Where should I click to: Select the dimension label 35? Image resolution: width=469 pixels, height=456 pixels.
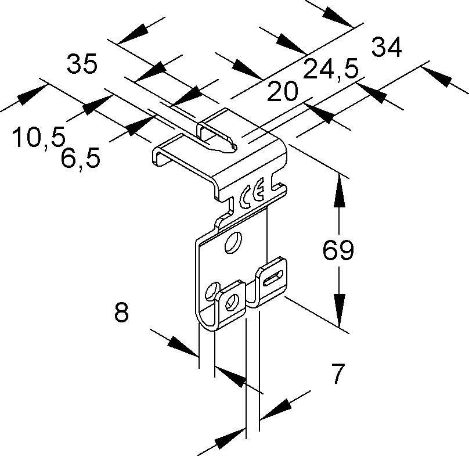pyautogui.click(x=81, y=64)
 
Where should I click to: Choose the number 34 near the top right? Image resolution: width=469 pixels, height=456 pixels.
pyautogui.click(x=386, y=48)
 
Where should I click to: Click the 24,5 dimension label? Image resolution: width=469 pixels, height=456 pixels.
pyautogui.click(x=330, y=73)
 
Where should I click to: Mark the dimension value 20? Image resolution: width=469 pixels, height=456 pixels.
pyautogui.click(x=283, y=91)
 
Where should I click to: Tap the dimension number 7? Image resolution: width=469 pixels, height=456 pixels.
pyautogui.click(x=337, y=374)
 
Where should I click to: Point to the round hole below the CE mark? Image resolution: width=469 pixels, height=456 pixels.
pyautogui.click(x=234, y=242)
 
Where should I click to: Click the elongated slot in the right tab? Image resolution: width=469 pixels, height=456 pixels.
pyautogui.click(x=274, y=275)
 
